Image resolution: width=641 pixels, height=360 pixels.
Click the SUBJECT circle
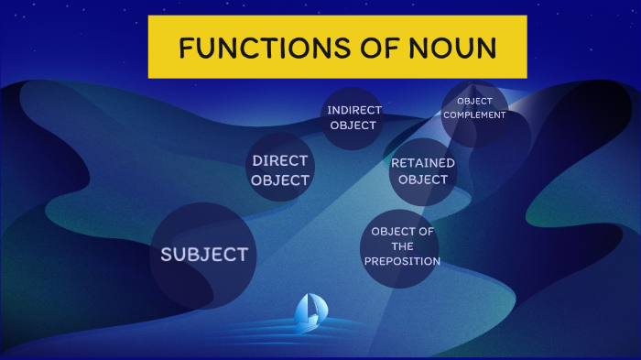[x=203, y=255]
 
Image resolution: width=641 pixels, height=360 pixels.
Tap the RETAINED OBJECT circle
[x=423, y=172]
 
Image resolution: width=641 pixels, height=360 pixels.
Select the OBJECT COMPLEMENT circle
[x=474, y=110]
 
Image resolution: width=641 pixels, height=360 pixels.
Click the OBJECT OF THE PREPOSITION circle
[x=401, y=248]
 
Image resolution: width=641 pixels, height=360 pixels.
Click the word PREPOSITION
[x=402, y=261]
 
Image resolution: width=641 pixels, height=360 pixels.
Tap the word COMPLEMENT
[x=474, y=115]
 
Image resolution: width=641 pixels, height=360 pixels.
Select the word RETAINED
[x=423, y=163]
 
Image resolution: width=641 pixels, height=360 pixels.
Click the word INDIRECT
[x=353, y=110]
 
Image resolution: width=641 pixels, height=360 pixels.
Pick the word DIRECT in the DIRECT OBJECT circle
[x=280, y=160]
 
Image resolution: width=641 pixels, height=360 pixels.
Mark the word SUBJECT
[x=203, y=255]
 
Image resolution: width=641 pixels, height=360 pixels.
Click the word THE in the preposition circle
[x=402, y=246]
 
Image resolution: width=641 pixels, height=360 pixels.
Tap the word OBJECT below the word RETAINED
[x=423, y=180]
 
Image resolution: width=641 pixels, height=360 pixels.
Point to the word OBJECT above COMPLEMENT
[x=474, y=101]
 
